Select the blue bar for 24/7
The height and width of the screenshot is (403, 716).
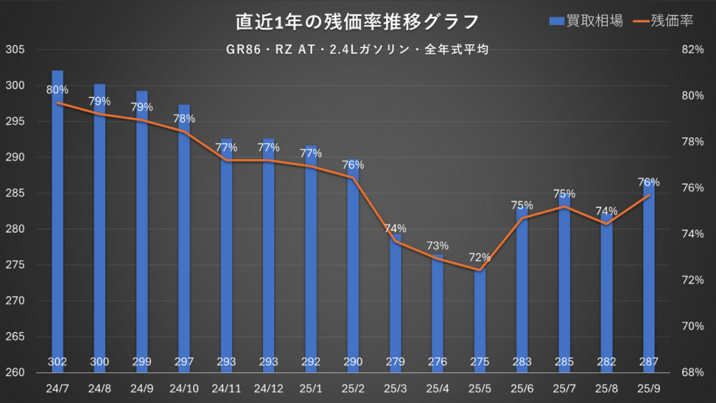tap(57, 224)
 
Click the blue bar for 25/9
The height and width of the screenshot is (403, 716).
tap(649, 280)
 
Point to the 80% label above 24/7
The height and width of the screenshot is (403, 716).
tap(57, 90)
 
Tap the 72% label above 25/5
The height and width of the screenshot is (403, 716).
tap(480, 257)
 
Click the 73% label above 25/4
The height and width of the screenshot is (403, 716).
tap(438, 246)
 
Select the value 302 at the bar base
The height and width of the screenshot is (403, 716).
tap(57, 362)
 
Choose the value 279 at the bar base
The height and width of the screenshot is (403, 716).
tap(396, 362)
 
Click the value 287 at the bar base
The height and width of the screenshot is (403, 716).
tap(649, 362)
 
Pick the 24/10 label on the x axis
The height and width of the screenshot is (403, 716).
tap(184, 388)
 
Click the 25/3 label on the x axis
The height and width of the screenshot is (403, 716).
tap(396, 388)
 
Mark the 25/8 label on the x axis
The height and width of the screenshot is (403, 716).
tap(607, 388)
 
